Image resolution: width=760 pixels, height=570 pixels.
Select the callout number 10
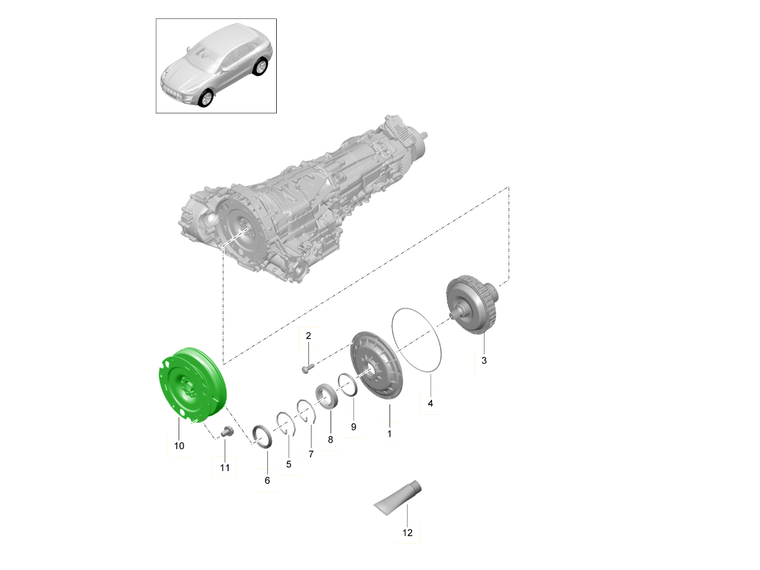[179, 446]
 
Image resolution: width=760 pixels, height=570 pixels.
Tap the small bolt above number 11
[226, 432]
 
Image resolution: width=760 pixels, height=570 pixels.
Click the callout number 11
[225, 468]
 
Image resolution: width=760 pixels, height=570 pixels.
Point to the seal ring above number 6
[262, 436]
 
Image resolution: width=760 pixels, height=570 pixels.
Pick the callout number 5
[288, 464]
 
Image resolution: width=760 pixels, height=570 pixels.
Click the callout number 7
[311, 454]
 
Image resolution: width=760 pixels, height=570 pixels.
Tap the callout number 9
[353, 427]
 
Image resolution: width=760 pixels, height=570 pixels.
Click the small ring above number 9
[348, 383]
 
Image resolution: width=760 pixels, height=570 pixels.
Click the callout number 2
[308, 336]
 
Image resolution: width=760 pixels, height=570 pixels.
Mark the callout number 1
[389, 434]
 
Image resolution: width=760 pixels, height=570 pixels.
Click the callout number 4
[430, 403]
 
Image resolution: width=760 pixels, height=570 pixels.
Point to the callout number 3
[484, 360]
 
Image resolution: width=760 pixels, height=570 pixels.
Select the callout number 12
[407, 533]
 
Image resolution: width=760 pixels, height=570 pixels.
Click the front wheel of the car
[205, 99]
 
